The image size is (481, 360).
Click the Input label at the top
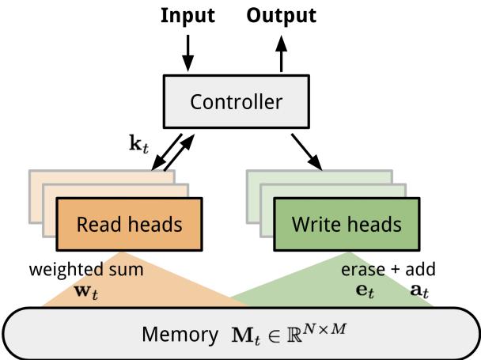(x=187, y=15)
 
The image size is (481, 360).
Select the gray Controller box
(x=235, y=101)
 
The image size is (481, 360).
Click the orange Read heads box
(x=129, y=224)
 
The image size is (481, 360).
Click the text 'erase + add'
(x=388, y=269)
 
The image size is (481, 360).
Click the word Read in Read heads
(x=93, y=224)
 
